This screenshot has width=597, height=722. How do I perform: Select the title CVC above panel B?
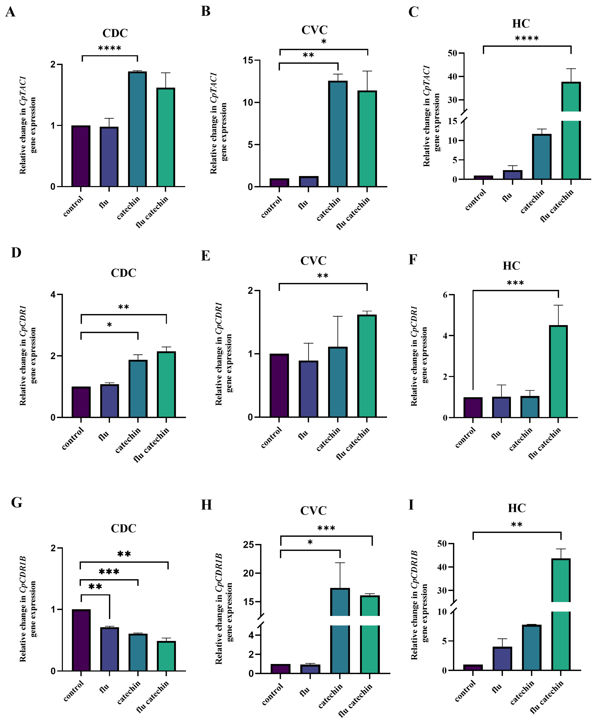coord(314,30)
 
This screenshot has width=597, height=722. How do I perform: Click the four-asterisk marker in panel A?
coord(110,48)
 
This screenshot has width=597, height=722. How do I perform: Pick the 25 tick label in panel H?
coord(248,545)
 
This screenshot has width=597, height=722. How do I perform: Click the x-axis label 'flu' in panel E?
coord(303,435)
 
